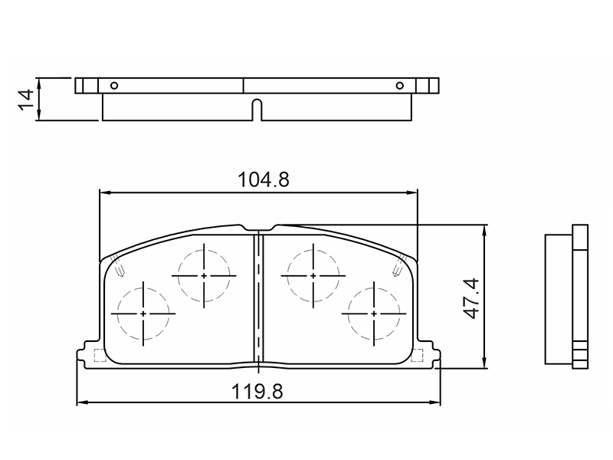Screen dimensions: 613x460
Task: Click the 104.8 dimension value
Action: click(264, 180)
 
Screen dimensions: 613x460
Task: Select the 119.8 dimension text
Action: click(257, 392)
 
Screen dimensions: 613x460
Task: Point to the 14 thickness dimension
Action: click(26, 100)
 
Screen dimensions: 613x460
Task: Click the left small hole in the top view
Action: click(114, 85)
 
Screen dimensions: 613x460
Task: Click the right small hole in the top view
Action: click(399, 85)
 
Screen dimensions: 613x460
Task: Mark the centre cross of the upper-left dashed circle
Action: click(204, 276)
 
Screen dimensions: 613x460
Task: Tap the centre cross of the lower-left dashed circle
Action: click(143, 314)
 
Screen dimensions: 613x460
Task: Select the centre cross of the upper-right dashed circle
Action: click(313, 276)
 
